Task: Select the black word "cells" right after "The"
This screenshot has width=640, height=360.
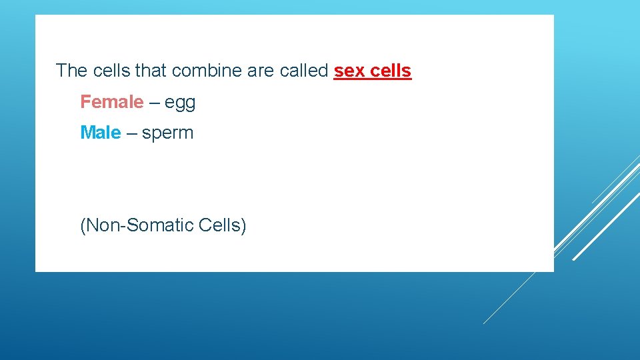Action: tap(113, 71)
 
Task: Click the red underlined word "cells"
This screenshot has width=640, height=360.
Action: tap(393, 71)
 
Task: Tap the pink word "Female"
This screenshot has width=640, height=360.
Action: tap(111, 102)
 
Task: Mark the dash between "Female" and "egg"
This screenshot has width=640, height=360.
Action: tap(154, 103)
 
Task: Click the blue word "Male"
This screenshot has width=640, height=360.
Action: tap(100, 133)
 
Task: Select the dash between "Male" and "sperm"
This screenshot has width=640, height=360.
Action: tap(131, 133)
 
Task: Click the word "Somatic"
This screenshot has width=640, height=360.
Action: tap(161, 225)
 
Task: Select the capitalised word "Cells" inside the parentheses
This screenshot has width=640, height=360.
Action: tap(219, 225)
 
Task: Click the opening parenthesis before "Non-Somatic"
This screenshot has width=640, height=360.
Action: tap(83, 226)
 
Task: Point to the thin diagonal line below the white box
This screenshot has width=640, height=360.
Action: tap(510, 297)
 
